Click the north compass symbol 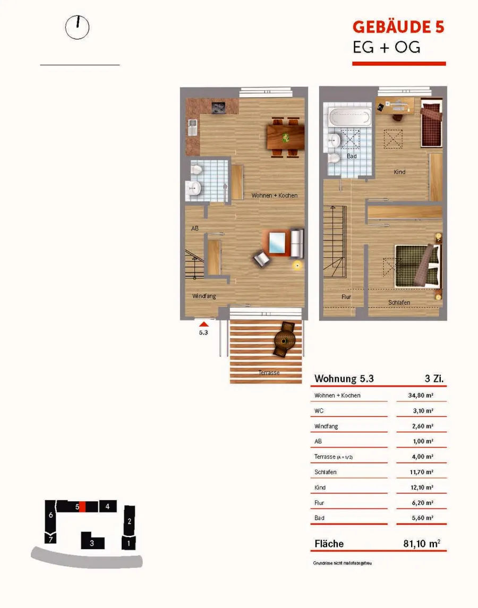pyautogui.click(x=77, y=28)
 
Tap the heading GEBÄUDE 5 pyautogui.click(x=398, y=27)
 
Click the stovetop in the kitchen pyautogui.click(x=219, y=107)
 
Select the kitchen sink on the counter pyautogui.click(x=192, y=127)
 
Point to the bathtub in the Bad pyautogui.click(x=349, y=117)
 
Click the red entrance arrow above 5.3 pyautogui.click(x=204, y=324)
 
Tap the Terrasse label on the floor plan pyautogui.click(x=269, y=373)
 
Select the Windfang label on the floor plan pyautogui.click(x=204, y=296)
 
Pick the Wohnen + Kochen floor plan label pyautogui.click(x=274, y=195)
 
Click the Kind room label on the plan pyautogui.click(x=399, y=172)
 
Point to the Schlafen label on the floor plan pyautogui.click(x=399, y=303)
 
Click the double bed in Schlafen pyautogui.click(x=419, y=266)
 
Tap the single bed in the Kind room pyautogui.click(x=431, y=123)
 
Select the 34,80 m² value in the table pyautogui.click(x=421, y=396)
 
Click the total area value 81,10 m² pyautogui.click(x=422, y=544)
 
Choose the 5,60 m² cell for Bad pyautogui.click(x=423, y=518)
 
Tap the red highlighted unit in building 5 pyautogui.click(x=82, y=507)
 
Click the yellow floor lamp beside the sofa pyautogui.click(x=297, y=266)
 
